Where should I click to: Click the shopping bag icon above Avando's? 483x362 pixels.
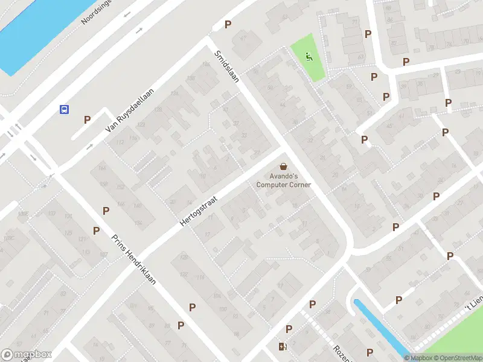[x=283, y=166]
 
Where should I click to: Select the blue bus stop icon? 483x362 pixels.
[x=63, y=109]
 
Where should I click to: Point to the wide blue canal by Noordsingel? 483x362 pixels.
[x=36, y=30]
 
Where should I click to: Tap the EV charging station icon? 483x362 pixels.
[x=281, y=346]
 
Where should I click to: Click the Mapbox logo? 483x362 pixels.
[x=27, y=355]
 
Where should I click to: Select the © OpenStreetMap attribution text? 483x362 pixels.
[x=456, y=358]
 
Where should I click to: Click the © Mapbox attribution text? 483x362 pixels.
[x=418, y=358]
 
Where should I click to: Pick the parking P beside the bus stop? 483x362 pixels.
[x=87, y=119]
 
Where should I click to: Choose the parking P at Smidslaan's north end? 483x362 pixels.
[x=228, y=24]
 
